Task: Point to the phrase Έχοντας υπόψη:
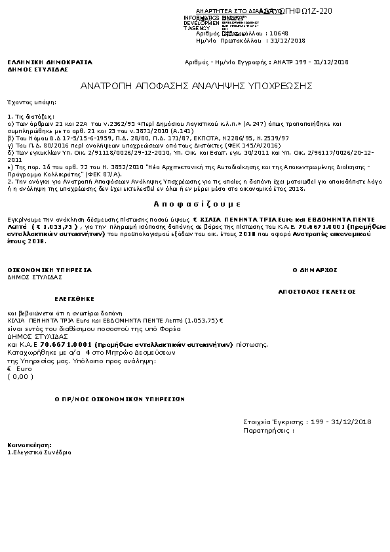point(23,103)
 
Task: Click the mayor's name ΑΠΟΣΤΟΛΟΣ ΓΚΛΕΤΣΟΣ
point(317,290)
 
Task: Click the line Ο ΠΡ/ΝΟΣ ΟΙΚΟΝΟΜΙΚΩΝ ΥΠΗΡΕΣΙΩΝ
point(120,399)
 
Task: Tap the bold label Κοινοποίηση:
point(26,445)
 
